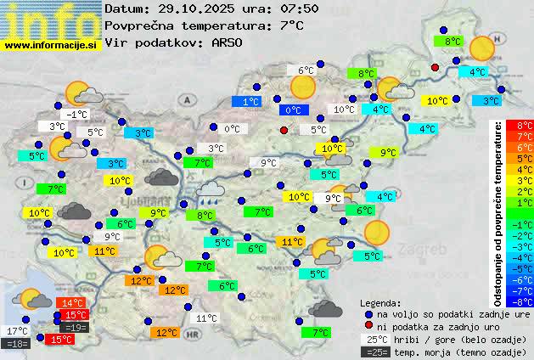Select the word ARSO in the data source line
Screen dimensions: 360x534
pyautogui.click(x=230, y=42)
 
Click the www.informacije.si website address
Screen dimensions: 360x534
pyautogui.click(x=51, y=46)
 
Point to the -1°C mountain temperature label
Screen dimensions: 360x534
pyautogui.click(x=77, y=115)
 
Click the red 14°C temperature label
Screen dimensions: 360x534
pyautogui.click(x=70, y=303)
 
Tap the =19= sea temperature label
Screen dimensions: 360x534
pyautogui.click(x=74, y=328)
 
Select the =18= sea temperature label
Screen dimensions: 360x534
pyautogui.click(x=17, y=343)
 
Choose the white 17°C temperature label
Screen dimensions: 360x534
pyautogui.click(x=17, y=331)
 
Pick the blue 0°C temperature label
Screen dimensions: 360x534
pyautogui.click(x=293, y=110)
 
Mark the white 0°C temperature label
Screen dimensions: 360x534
pyautogui.click(x=231, y=129)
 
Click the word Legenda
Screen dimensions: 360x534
pyautogui.click(x=380, y=303)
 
